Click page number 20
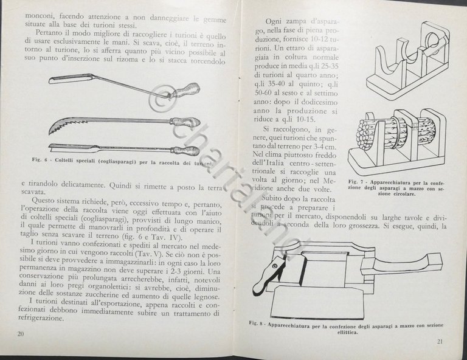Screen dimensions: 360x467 21,333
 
